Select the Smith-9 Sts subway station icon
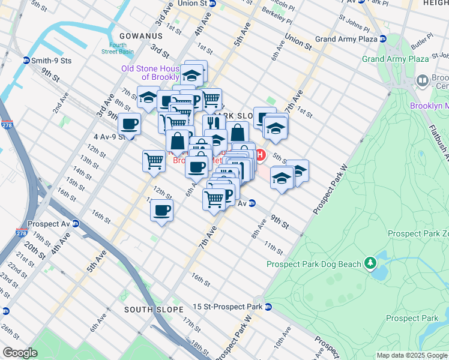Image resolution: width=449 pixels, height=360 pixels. coord(26,60)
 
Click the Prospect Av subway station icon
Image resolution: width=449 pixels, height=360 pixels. coord(75,223)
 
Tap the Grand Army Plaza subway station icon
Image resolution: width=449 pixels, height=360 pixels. coord(382,39)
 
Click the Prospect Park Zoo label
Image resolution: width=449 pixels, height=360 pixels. coord(418,233)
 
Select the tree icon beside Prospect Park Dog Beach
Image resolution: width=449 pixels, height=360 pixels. coord(371,263)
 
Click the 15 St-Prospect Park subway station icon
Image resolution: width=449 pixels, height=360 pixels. coord(268,307)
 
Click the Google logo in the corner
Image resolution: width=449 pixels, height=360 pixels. coord(20,353)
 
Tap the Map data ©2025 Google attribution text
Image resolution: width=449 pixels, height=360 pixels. coord(411,355)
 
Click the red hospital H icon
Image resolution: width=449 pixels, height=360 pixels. coord(260,155)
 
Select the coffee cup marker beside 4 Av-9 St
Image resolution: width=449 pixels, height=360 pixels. coord(129,125)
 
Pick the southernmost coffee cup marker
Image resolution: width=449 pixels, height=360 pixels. coord(161,211)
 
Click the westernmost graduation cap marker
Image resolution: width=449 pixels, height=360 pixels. coord(148,97)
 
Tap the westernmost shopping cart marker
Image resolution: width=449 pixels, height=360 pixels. coord(154,160)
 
